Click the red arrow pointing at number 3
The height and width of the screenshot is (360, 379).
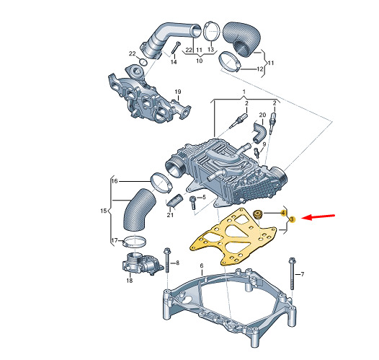[x=319, y=217]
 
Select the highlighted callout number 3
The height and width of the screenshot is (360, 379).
[x=292, y=219]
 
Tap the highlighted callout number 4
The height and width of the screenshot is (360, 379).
[x=282, y=213]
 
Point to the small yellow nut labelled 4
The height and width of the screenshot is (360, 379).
[x=257, y=214]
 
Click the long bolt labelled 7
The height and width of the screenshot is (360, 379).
[x=291, y=273]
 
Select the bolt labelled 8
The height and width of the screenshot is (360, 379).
[x=167, y=260]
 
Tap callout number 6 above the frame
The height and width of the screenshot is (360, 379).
[x=202, y=266]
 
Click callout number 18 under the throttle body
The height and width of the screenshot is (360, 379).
[x=130, y=281]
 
